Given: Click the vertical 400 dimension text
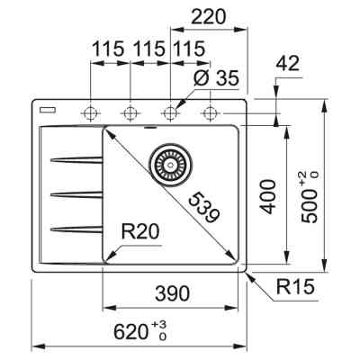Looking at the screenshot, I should [267, 194].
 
